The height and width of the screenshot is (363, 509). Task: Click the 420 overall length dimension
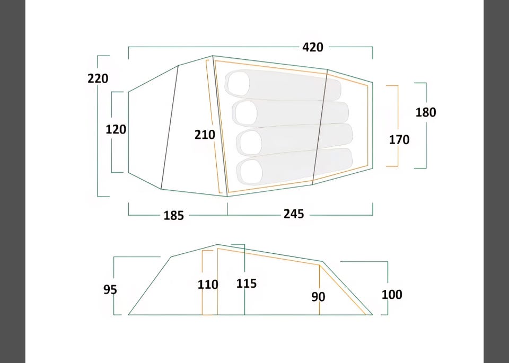[x=313, y=47]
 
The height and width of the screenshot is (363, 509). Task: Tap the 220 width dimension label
[x=98, y=78]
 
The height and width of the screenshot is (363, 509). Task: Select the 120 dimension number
[x=116, y=129]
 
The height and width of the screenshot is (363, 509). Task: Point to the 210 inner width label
[x=205, y=135]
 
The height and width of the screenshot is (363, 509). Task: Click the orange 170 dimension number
[x=399, y=140]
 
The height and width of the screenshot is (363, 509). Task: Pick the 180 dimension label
[x=426, y=112]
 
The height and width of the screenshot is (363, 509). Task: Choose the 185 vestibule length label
[x=174, y=215]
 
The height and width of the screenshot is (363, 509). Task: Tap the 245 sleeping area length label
[x=294, y=214]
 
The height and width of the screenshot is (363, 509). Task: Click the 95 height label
[x=110, y=289]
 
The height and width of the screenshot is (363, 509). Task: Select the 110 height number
[x=208, y=285]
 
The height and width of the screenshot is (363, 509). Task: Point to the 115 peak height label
[x=247, y=284]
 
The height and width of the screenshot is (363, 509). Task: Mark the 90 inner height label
[x=318, y=297]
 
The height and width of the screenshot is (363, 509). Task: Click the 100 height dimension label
[x=392, y=295]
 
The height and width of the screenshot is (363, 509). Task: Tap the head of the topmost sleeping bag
[x=239, y=84]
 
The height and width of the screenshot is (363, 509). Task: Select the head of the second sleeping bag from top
[x=245, y=113]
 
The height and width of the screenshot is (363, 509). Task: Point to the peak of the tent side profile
[x=217, y=245]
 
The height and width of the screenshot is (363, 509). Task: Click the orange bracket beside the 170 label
[x=397, y=126]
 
